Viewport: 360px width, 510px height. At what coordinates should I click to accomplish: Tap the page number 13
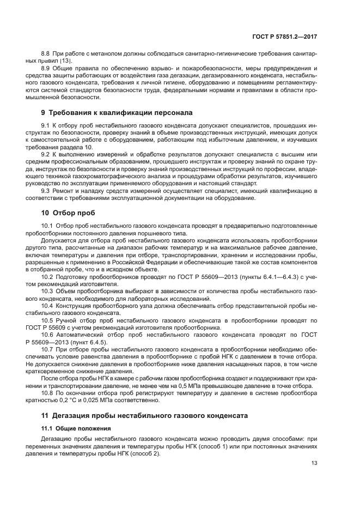[x=314, y=464]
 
